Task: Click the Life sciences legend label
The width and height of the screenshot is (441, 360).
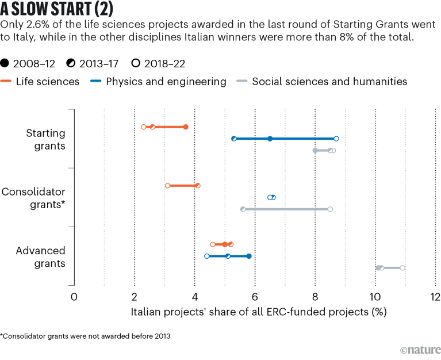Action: coord(48,82)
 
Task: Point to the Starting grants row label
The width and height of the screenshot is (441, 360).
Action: coord(45,139)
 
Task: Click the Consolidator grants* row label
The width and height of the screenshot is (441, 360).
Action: coord(34,197)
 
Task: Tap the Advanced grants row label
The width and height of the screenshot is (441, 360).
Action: coord(41,256)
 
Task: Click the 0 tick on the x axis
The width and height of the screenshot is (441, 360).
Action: coord(74,297)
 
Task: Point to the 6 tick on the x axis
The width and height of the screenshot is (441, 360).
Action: coord(255,297)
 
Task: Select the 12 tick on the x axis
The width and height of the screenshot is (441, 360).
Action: coord(435,297)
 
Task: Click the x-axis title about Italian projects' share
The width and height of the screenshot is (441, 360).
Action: coord(259,312)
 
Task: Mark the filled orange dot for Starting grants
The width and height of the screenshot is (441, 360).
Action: coord(186,127)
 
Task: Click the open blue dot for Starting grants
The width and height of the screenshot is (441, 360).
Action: coord(336,139)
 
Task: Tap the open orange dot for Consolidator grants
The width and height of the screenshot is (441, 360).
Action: coord(167,186)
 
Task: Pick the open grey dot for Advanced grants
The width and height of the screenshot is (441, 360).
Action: coord(402,268)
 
